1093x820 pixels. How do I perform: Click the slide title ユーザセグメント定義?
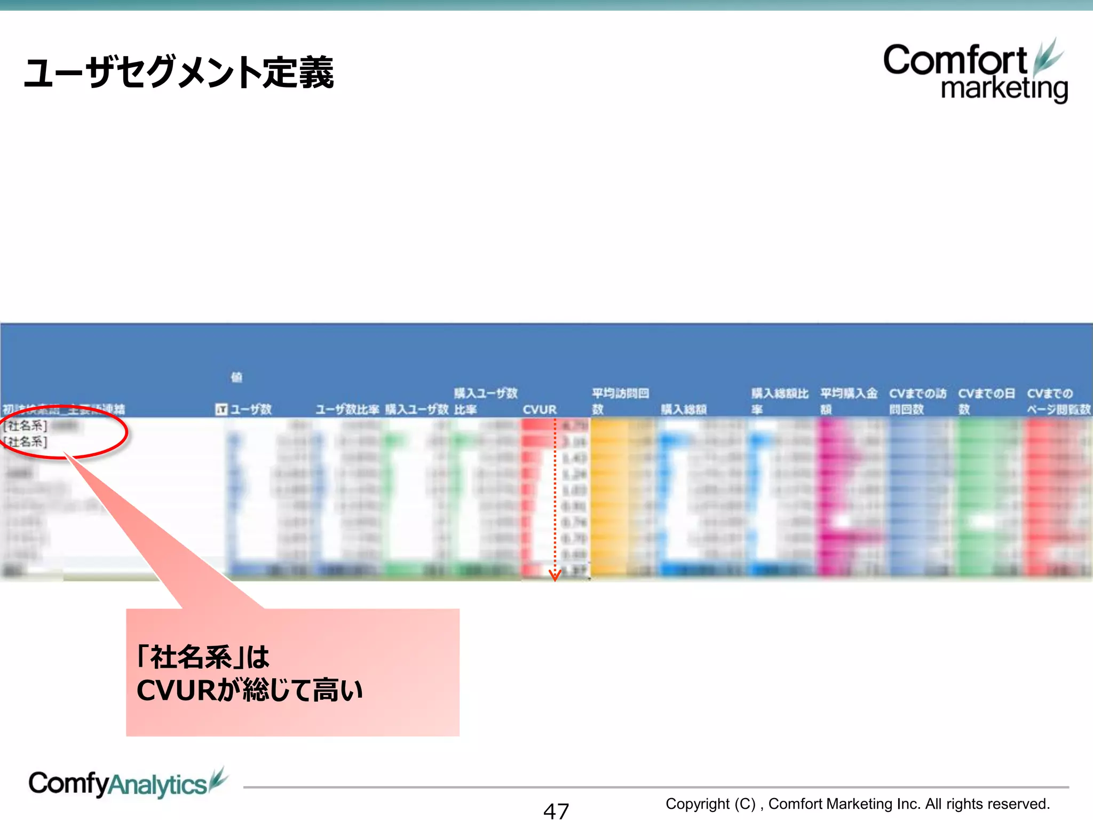coord(179,73)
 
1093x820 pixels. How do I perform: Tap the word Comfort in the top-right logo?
coord(955,60)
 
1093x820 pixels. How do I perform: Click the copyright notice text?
coord(857,803)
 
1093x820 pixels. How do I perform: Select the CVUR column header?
coord(540,409)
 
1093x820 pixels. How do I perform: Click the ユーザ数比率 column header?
coord(347,409)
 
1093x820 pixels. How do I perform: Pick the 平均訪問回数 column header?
coord(620,401)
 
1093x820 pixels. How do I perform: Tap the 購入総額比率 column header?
coord(780,401)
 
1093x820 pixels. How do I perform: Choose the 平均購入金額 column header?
coord(849,401)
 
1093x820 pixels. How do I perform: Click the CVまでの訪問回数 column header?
coord(917,401)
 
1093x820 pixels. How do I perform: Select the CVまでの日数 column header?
coord(986,401)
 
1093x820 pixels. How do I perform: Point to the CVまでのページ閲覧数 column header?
coord(1058,401)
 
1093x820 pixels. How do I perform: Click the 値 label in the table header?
coord(236,377)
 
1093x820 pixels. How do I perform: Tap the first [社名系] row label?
coord(26,425)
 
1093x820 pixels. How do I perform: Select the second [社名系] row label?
coord(26,441)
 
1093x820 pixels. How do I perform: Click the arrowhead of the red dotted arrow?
coord(555,575)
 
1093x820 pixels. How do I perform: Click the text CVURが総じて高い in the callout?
coord(250,690)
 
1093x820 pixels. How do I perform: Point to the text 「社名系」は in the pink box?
coord(203,657)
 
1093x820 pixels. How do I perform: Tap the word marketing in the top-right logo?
coord(1004,88)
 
